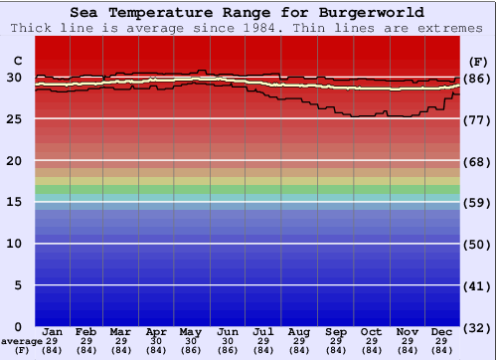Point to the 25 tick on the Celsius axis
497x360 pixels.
pos(14,119)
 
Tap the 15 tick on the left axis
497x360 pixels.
pos(14,202)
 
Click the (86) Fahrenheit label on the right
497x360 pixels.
pos(476,79)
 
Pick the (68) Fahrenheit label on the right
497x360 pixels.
pos(476,161)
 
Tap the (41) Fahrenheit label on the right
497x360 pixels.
pos(476,286)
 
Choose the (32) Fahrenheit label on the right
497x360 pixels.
pos(476,328)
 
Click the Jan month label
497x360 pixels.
pos(54,331)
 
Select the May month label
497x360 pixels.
pos(190,331)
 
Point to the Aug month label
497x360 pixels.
pos(299,331)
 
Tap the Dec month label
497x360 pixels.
pos(442,331)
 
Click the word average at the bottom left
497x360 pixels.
pos(21,340)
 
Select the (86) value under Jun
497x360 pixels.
pos(228,350)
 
